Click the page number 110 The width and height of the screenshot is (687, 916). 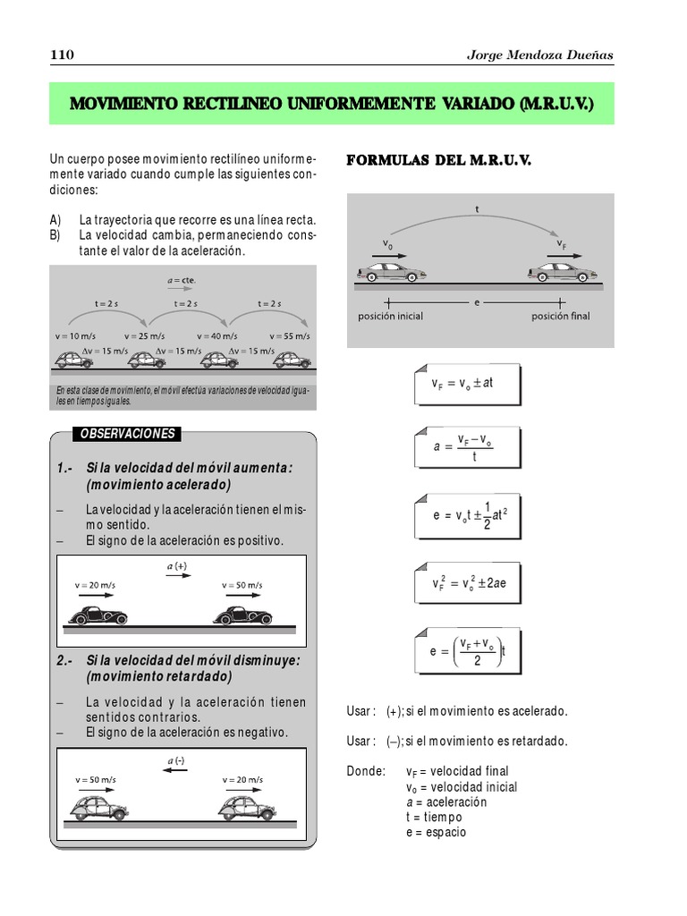61,55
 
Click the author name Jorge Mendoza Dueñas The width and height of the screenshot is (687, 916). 540,55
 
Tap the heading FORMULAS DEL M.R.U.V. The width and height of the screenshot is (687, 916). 438,162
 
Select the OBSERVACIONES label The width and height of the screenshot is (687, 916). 128,434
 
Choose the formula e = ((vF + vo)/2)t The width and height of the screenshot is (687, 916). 467,651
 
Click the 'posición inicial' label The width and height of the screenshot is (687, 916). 390,317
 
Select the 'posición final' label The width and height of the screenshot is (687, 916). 561,317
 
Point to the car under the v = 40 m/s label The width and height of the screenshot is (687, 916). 218,360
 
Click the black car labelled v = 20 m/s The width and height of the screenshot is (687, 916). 98,615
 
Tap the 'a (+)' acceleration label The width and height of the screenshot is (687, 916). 176,567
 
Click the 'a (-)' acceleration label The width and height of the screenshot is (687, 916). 175,761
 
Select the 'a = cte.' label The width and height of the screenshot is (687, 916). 181,280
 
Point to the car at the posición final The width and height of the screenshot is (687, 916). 561,272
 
